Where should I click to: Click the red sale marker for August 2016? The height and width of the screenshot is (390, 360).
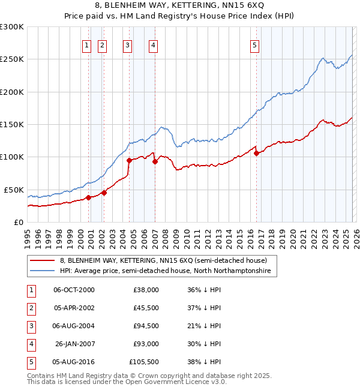coord(257,153)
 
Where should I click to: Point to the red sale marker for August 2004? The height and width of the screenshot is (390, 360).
coord(129,160)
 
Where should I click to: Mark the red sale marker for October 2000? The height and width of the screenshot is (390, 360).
coord(88,197)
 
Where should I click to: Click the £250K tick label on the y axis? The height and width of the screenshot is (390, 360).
coord(11,59)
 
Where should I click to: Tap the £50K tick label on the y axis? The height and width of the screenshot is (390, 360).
coord(13,190)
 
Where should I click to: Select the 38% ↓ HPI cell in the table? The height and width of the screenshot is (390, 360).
coord(204,362)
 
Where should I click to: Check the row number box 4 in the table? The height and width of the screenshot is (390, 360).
coord(31,344)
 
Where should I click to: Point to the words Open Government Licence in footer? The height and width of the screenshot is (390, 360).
coord(166,382)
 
